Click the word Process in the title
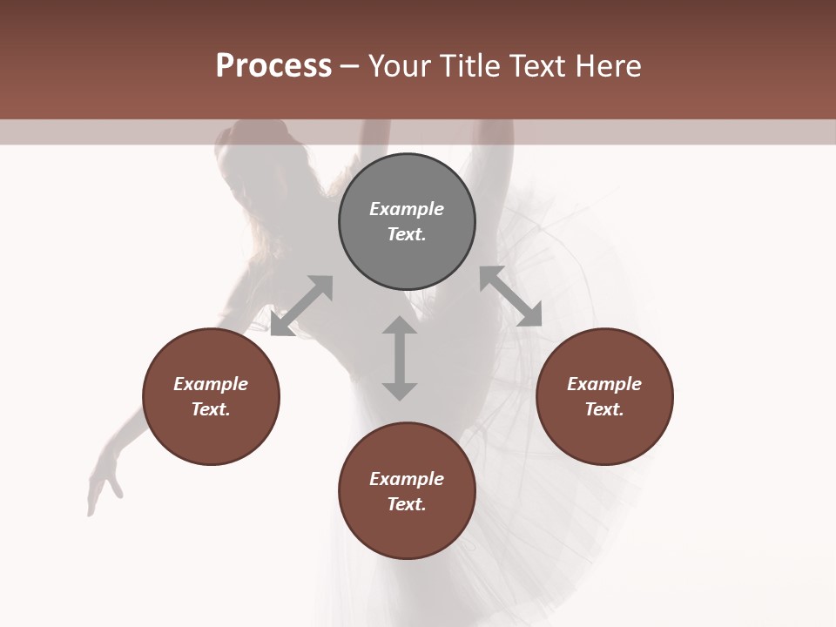[x=273, y=66]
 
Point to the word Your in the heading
[x=401, y=66]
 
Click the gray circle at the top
[x=407, y=221]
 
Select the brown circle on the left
[x=211, y=396]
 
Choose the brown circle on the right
[x=604, y=396]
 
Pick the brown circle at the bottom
[x=407, y=491]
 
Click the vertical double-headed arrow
[x=400, y=358]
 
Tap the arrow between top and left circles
[x=301, y=306]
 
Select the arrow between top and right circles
[x=511, y=296]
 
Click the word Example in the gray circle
[x=407, y=209]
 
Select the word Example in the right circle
[x=604, y=384]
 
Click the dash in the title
[x=350, y=66]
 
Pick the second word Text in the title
[x=538, y=66]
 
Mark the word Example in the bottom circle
[x=407, y=479]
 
